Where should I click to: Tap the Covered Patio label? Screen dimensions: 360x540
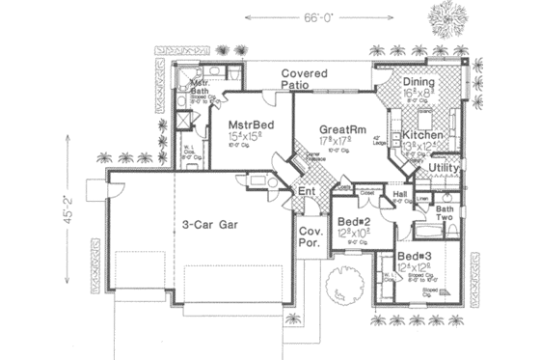point(305,80)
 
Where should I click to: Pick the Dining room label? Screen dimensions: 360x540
point(418,83)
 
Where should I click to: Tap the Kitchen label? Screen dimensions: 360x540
point(422,135)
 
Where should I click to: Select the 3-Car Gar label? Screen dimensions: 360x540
point(211,224)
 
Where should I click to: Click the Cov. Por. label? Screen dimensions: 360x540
point(310,238)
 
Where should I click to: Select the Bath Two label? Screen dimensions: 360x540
point(445,214)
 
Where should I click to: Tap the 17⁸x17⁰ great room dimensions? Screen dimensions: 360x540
point(338,140)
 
